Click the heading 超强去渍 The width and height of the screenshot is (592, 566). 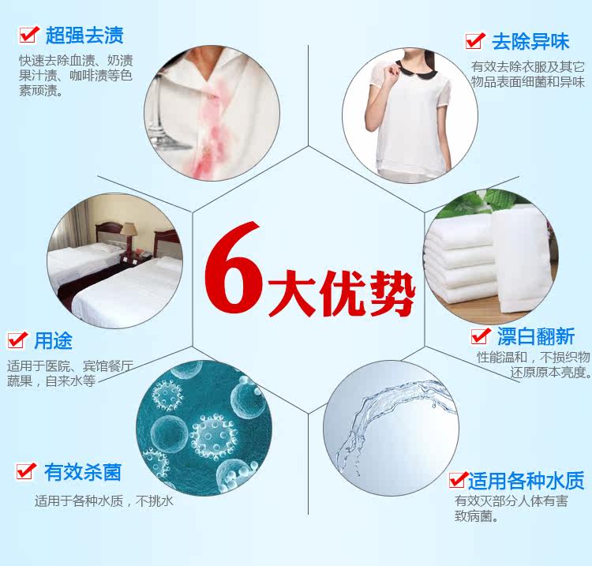pyautogui.click(x=84, y=36)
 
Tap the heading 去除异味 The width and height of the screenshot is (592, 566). pyautogui.click(x=530, y=42)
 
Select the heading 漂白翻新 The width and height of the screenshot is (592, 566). pyautogui.click(x=536, y=336)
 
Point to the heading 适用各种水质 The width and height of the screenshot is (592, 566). pyautogui.click(x=526, y=480)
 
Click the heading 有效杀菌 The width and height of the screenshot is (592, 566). pyautogui.click(x=83, y=472)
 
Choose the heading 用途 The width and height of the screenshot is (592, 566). pyautogui.click(x=53, y=340)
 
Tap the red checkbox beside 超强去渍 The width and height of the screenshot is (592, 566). pyautogui.click(x=29, y=35)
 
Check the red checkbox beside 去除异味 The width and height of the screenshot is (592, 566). pyautogui.click(x=475, y=40)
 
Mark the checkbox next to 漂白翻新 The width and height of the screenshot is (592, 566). pyautogui.click(x=481, y=335)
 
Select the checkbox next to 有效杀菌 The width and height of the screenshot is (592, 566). pyautogui.click(x=26, y=470)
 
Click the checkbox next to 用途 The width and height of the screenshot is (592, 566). pyautogui.click(x=17, y=339)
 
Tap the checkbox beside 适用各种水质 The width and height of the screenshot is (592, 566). pyautogui.click(x=459, y=479)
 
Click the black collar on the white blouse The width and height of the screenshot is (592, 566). pyautogui.click(x=416, y=69)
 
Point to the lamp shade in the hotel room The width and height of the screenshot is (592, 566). pyautogui.click(x=129, y=229)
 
